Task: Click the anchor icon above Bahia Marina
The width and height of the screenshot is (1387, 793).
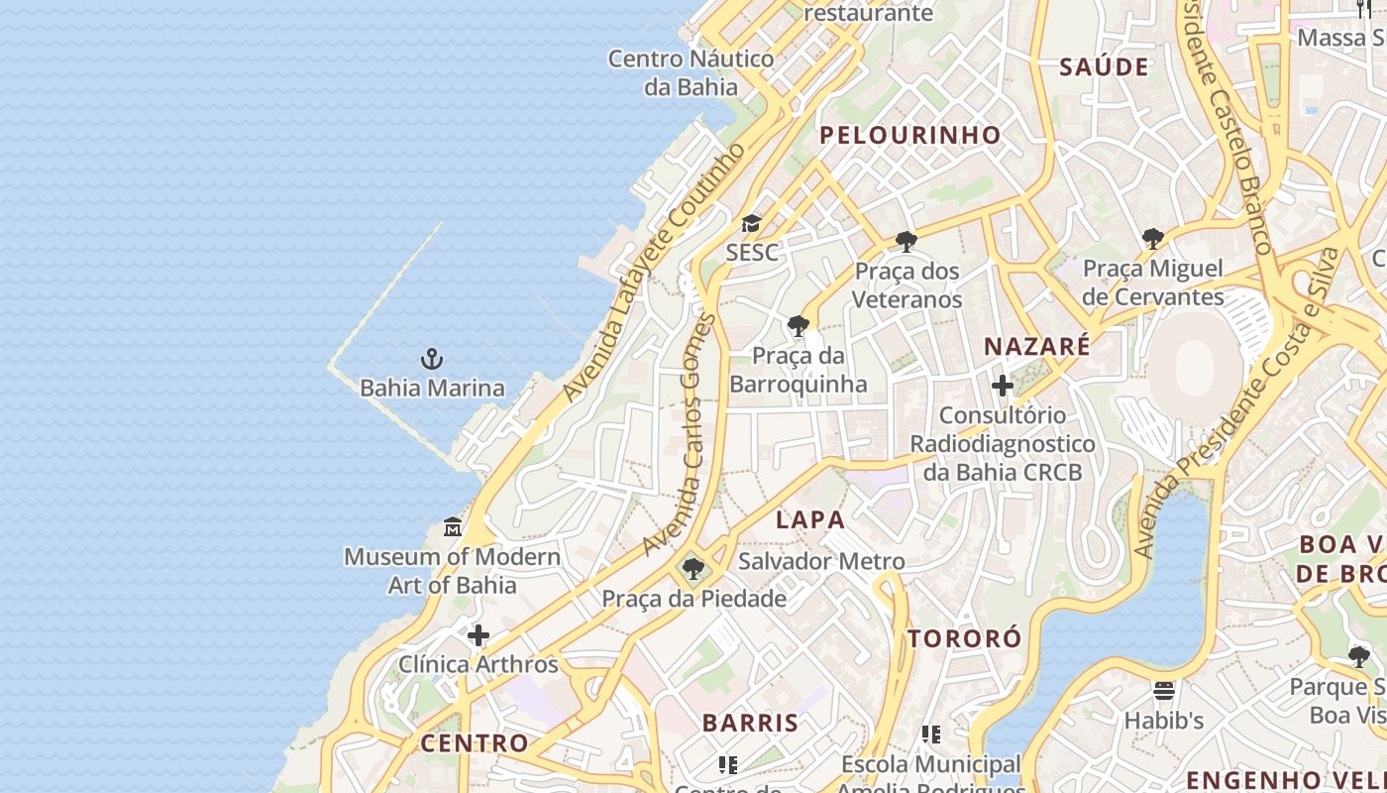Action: click(x=431, y=359)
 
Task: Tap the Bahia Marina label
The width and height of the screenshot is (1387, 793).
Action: click(x=432, y=388)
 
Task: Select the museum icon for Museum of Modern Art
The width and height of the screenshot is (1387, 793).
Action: click(x=453, y=526)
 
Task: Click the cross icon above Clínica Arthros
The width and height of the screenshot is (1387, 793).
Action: click(x=479, y=634)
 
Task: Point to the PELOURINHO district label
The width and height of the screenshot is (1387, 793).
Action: click(x=910, y=135)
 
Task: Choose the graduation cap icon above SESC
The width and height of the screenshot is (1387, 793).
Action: click(x=751, y=224)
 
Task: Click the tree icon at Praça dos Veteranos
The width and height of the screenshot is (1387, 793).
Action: click(x=906, y=241)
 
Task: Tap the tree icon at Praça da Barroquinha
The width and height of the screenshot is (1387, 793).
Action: click(x=798, y=325)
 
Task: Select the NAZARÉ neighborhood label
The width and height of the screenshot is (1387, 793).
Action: click(x=1036, y=346)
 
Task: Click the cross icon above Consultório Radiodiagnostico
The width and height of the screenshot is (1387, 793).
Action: click(x=1003, y=385)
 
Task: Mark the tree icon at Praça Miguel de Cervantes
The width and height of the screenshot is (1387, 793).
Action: click(x=1152, y=239)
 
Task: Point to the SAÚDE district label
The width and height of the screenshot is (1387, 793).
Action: click(x=1104, y=67)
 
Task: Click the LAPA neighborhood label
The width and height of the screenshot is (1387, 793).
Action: click(x=810, y=519)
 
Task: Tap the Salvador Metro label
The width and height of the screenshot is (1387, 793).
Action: click(x=821, y=561)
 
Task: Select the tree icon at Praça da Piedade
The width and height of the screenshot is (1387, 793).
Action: click(x=693, y=569)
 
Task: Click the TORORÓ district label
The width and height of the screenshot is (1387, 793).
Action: click(x=964, y=638)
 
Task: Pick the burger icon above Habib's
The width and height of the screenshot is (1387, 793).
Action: click(x=1164, y=690)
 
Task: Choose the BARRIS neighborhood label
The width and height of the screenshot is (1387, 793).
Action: click(x=750, y=723)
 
